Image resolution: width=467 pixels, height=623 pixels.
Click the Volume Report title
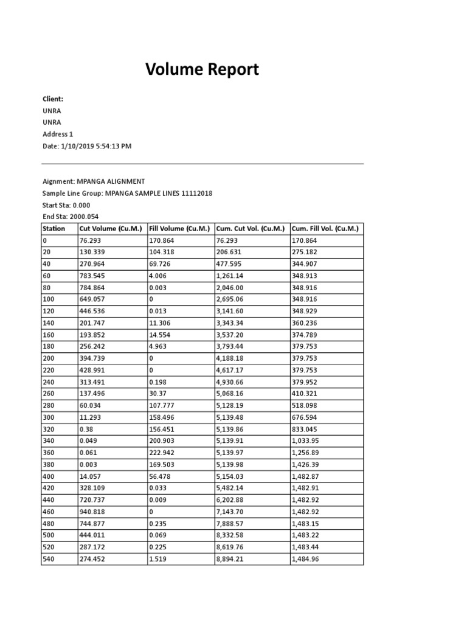(202, 70)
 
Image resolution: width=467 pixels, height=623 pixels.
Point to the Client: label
(53, 99)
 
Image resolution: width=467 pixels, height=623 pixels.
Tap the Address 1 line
(58, 134)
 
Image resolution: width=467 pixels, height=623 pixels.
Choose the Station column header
(54, 229)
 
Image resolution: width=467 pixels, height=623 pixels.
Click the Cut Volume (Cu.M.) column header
(112, 229)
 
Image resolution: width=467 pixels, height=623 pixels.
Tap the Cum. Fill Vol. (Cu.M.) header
(325, 229)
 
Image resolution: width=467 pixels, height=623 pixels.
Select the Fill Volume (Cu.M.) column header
(180, 229)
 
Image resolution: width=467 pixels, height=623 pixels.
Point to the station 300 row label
(49, 417)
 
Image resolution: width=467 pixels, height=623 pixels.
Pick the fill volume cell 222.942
(161, 453)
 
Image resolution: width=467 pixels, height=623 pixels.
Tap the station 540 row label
(49, 559)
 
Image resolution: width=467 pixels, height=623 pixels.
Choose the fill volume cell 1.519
(157, 559)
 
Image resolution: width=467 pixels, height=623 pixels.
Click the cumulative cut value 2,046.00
(230, 288)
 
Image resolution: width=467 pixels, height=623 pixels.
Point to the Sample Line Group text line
(127, 193)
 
